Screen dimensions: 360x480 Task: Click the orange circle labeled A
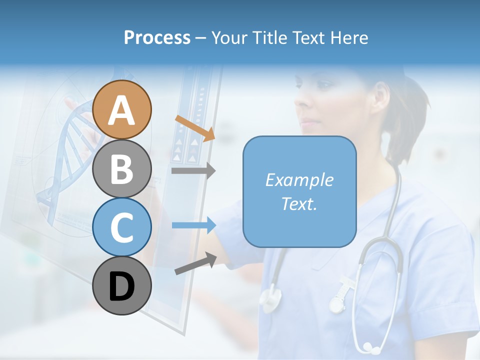coord(122,109)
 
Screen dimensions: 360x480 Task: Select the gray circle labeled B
coord(122,168)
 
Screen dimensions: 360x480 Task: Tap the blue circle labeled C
coord(122,227)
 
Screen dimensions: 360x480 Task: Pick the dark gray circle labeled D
coord(122,285)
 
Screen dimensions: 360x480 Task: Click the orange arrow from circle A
coord(195,127)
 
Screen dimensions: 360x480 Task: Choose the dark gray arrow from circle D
coord(195,263)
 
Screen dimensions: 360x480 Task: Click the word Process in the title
coord(157,37)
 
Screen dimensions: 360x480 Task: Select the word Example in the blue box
coord(299,180)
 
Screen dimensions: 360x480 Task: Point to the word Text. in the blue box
coord(299,203)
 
